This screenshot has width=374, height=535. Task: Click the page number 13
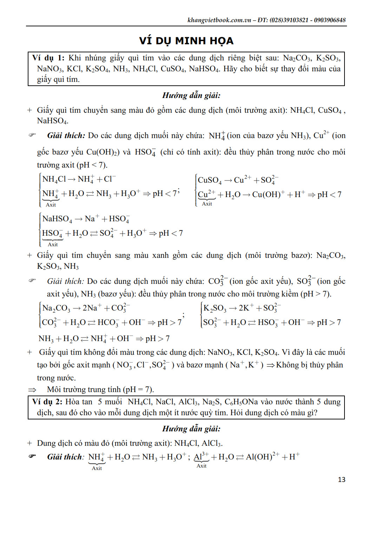point(341,479)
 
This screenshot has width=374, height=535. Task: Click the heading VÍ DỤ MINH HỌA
point(186,41)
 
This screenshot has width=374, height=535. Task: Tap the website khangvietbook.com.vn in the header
point(219,20)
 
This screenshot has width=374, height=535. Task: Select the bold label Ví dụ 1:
point(48,58)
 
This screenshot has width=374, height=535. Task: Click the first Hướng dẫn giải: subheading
point(191,95)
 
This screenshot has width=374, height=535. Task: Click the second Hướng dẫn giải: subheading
point(191,429)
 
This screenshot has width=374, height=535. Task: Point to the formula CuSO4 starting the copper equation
point(210,180)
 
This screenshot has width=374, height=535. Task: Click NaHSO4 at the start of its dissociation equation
point(57,219)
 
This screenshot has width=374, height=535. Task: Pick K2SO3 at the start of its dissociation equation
point(215,308)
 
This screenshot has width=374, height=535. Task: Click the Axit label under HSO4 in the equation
point(53,244)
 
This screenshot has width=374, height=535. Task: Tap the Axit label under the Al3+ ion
point(202,466)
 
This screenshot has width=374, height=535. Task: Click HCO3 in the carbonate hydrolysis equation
point(108,322)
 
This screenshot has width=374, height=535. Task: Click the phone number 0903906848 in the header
point(329,20)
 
